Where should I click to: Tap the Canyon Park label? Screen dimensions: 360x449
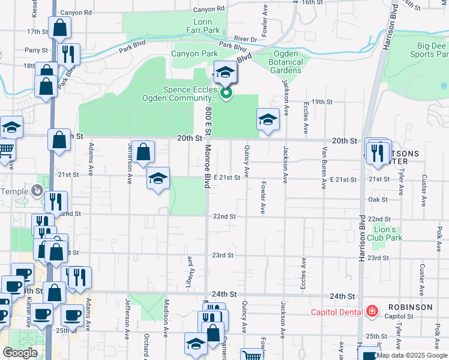[194, 54]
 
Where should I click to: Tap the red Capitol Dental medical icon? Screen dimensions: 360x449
[372, 311]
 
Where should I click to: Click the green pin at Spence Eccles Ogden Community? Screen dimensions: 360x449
[226, 93]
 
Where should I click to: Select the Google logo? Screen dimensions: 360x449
[20, 353]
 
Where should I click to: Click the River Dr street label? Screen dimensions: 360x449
[246, 40]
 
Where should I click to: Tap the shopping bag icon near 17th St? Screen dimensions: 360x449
[59, 27]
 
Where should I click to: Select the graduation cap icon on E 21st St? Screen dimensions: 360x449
[158, 179]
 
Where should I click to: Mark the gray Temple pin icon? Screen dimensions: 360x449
[38, 190]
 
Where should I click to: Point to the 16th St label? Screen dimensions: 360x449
[312, 3]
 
